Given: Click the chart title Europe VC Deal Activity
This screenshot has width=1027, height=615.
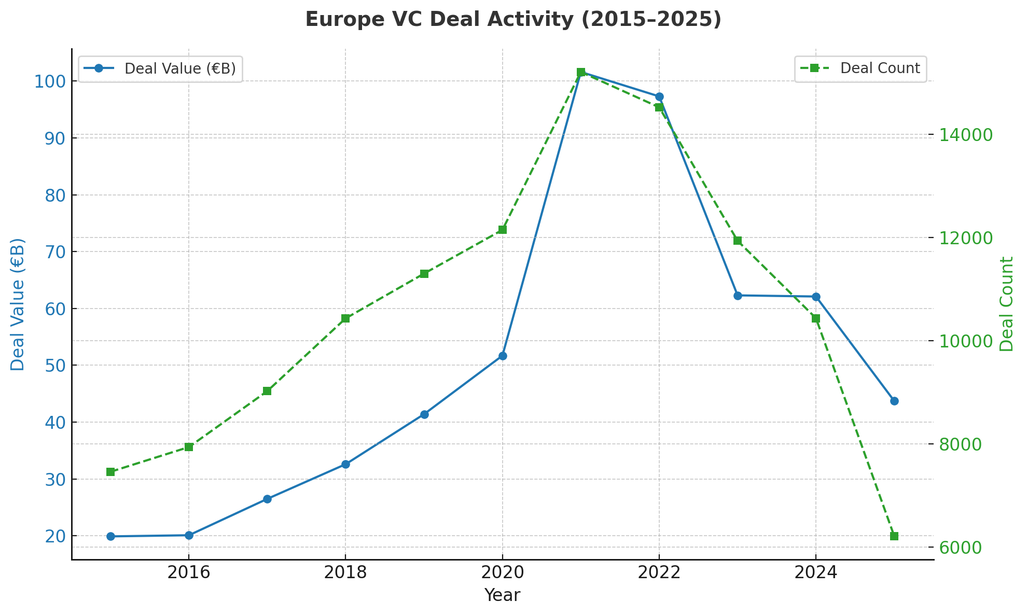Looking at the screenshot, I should coord(513,20).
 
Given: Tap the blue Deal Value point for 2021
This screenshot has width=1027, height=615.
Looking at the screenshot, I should coord(581,73).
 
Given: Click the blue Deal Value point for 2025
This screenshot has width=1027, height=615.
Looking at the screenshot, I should coord(894,401).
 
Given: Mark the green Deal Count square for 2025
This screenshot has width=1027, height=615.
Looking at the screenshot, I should coord(894,536).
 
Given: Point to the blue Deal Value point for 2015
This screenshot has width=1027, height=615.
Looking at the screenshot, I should coord(110,536).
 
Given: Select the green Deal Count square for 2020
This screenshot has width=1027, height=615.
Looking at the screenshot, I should coord(503,230).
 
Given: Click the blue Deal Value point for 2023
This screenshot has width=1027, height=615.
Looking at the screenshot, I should coord(738,296).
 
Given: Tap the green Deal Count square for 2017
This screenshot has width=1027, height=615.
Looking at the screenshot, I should coord(267,391).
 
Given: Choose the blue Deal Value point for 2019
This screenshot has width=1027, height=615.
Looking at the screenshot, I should coord(424,414).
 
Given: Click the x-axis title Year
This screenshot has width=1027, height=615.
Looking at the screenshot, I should coord(502,596).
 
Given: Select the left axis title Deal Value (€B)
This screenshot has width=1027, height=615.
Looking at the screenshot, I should coord(18,304).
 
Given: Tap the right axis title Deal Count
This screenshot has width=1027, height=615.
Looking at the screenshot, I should coord(1007,304).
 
